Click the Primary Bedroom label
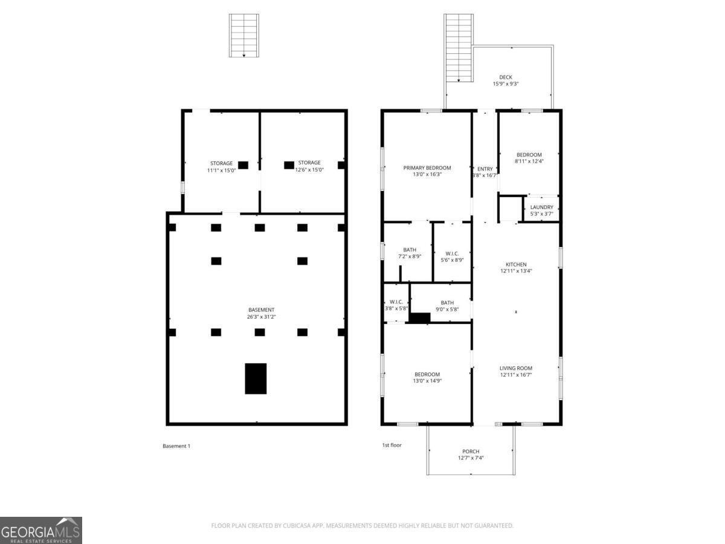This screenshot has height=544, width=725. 427,167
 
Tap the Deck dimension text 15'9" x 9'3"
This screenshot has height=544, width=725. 506,84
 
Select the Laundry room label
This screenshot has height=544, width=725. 541,207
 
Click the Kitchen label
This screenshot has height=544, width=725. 516,264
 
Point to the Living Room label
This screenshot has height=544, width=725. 516,368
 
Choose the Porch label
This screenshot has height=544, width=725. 471,452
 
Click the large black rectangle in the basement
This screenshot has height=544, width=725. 256,378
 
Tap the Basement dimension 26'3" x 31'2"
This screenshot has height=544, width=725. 260,317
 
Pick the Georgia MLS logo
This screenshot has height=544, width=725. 41,530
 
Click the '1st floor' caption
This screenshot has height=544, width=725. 391,445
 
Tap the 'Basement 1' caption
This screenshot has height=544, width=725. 176,446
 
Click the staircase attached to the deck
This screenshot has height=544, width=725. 458,48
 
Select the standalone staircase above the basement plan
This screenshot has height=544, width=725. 243,36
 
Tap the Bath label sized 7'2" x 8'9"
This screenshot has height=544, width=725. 410,250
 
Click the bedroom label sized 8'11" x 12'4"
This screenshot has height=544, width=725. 529,155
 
